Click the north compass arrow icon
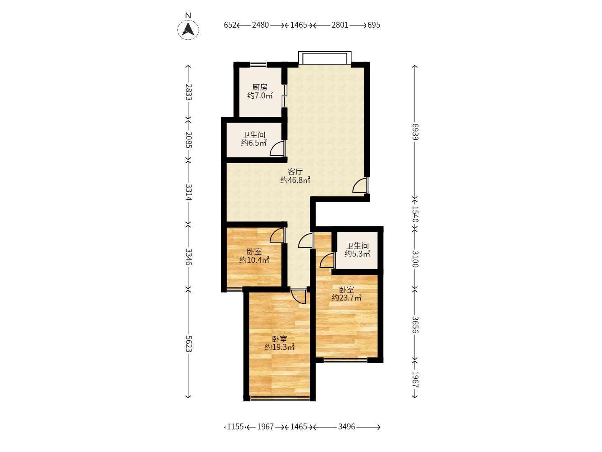[188, 30]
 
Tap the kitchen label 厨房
[260, 87]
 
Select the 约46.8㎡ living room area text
[295, 180]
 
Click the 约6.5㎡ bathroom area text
[254, 143]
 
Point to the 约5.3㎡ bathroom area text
[357, 254]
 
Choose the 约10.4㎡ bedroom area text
[254, 260]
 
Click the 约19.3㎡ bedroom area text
[280, 347]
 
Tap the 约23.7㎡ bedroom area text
[347, 298]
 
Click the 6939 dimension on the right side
[415, 132]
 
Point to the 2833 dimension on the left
[189, 92]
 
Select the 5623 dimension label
[189, 344]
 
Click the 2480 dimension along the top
[260, 25]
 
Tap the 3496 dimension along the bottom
[347, 427]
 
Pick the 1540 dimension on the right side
[415, 214]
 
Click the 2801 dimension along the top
[340, 25]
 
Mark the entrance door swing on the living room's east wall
[360, 185]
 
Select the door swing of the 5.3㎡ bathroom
[327, 260]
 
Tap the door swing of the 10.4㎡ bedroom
[278, 236]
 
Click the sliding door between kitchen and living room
[285, 95]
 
